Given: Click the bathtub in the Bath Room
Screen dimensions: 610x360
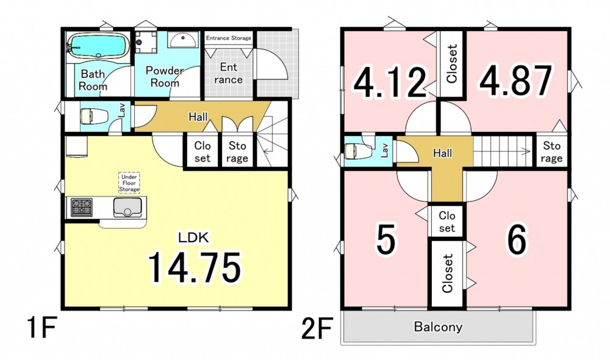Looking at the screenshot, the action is coord(98,46).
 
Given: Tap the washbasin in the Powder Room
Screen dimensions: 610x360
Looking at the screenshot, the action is coord(183,40).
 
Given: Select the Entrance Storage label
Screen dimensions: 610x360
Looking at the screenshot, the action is coord(228,38).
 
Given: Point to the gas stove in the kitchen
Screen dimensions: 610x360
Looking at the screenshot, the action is coord(82,207).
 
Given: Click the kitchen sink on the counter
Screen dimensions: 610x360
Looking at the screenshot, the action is coord(127,207).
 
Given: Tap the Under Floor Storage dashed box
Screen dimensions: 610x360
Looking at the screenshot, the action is coord(129,183).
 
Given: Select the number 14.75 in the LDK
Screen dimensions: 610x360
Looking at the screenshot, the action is coord(195,268).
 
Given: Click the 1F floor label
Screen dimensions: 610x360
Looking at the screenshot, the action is coord(41,329).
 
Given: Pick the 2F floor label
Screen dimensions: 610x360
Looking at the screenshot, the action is coord(316,329).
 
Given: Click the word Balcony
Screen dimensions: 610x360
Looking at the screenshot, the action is coord(438,326).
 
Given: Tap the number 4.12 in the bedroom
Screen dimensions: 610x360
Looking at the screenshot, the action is coord(390,82).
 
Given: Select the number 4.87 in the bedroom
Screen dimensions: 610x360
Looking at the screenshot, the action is coord(515,81).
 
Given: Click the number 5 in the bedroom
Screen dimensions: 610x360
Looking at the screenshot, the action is coord(386,239).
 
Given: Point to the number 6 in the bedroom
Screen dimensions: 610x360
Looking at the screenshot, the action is coord(517,239).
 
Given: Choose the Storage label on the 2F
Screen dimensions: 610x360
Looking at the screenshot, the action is coord(551,152).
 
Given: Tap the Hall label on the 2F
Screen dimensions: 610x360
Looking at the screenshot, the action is coord(443,153).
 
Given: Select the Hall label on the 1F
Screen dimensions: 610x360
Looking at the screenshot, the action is coord(198,117).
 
